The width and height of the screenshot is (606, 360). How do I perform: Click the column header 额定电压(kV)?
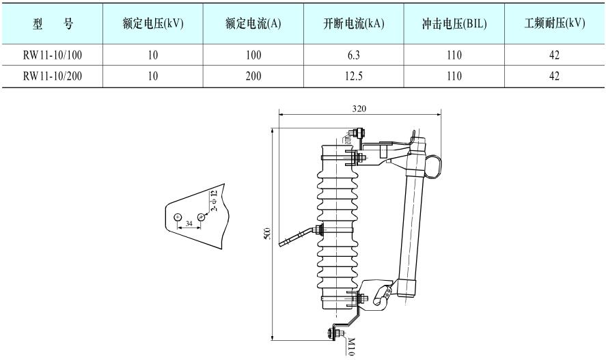(153, 23)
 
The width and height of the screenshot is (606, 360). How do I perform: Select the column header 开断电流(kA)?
(354, 23)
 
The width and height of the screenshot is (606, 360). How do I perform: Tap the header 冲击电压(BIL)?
(454, 23)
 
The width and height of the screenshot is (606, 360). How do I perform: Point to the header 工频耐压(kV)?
(555, 23)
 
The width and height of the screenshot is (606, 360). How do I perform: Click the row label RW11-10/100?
(53, 55)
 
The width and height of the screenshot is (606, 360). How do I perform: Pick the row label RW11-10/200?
(53, 76)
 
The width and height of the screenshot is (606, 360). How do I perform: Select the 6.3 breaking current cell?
(354, 55)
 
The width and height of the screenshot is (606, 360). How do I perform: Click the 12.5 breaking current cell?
(354, 76)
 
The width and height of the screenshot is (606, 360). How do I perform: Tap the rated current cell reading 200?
(253, 76)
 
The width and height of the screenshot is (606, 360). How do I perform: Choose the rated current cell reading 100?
(253, 55)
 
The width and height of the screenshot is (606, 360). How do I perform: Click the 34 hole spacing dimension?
(189, 224)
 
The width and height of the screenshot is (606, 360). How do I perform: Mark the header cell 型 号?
(53, 23)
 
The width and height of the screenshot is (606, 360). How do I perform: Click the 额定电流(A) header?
(253, 23)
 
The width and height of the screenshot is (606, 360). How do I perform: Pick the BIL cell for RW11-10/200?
(454, 76)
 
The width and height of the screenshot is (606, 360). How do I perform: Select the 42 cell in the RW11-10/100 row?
(555, 55)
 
